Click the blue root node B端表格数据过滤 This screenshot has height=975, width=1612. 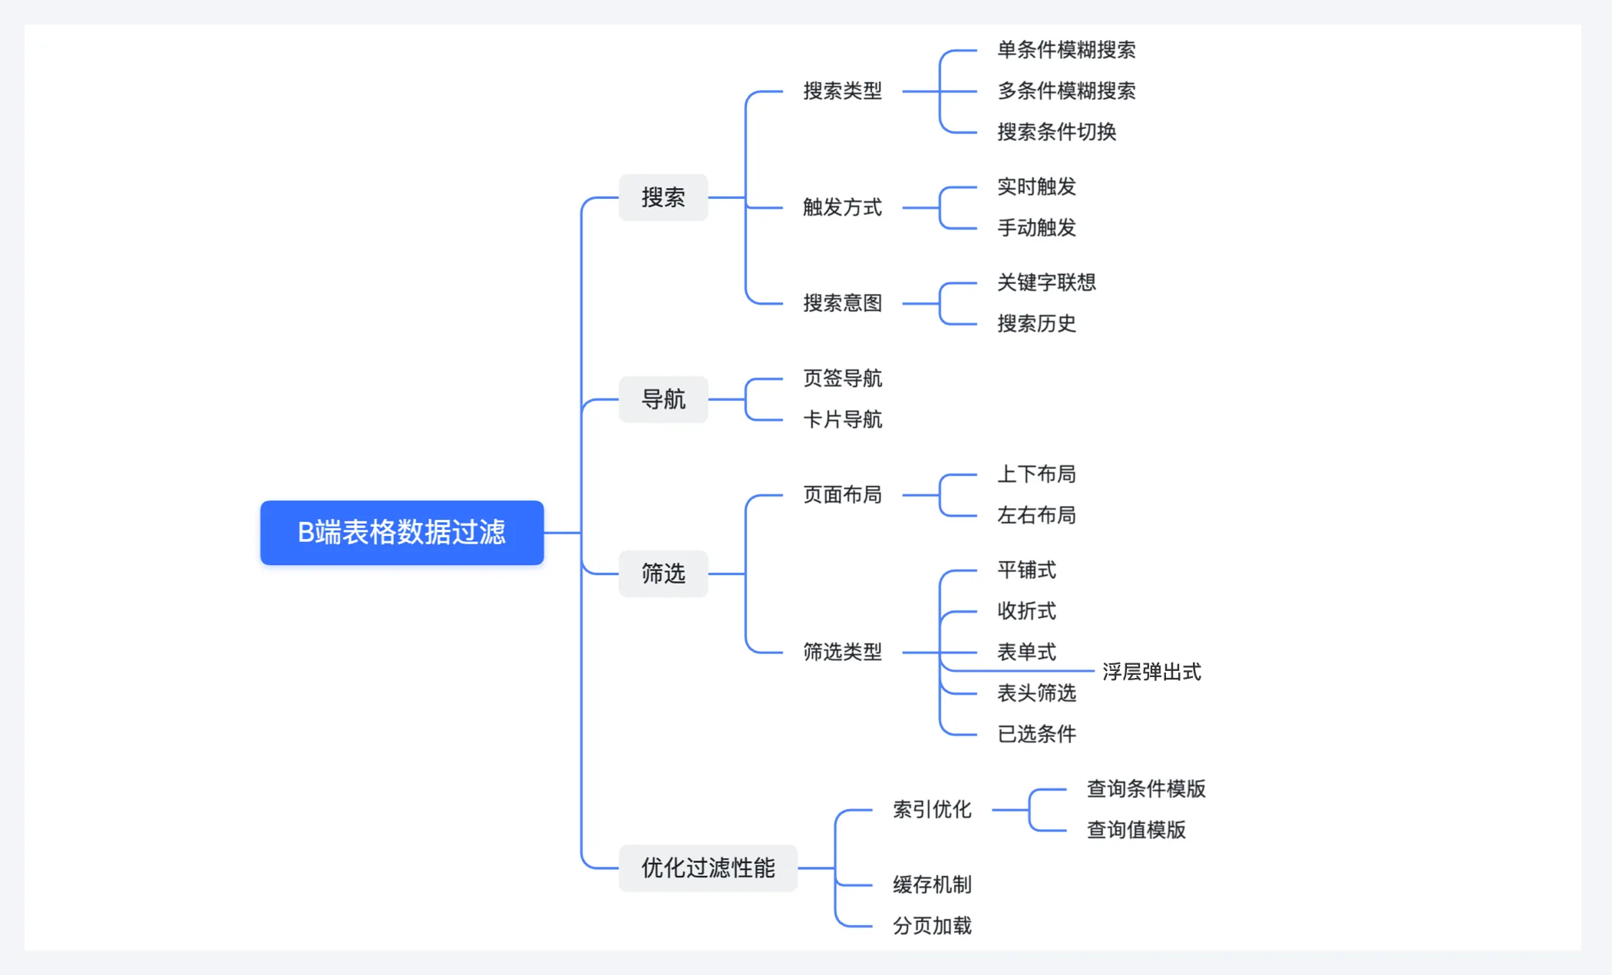[x=401, y=532]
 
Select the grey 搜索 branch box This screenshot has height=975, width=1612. [x=663, y=197]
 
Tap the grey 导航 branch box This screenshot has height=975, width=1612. [x=663, y=399]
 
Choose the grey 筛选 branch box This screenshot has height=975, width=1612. [x=663, y=573]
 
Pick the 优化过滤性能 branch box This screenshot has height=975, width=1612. [x=708, y=868]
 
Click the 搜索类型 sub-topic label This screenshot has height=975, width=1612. [x=842, y=91]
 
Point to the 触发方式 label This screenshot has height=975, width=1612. [x=842, y=207]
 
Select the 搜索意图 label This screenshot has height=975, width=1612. [x=842, y=303]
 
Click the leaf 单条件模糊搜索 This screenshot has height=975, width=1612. [x=1066, y=51]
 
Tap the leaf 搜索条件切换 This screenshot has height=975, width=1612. [x=1056, y=132]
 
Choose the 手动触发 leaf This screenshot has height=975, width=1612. [x=1036, y=228]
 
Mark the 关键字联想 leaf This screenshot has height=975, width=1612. [x=1046, y=283]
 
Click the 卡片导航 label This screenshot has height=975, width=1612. [x=842, y=420]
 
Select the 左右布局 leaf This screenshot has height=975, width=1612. [x=1036, y=515]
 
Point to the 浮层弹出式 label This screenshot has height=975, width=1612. [x=1151, y=673]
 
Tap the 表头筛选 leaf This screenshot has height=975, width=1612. [x=1036, y=693]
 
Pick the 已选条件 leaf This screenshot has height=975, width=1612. [x=1036, y=735]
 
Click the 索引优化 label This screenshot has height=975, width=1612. [x=932, y=809]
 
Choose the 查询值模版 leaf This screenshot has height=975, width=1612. [x=1136, y=830]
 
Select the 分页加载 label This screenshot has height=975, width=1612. [x=932, y=926]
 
